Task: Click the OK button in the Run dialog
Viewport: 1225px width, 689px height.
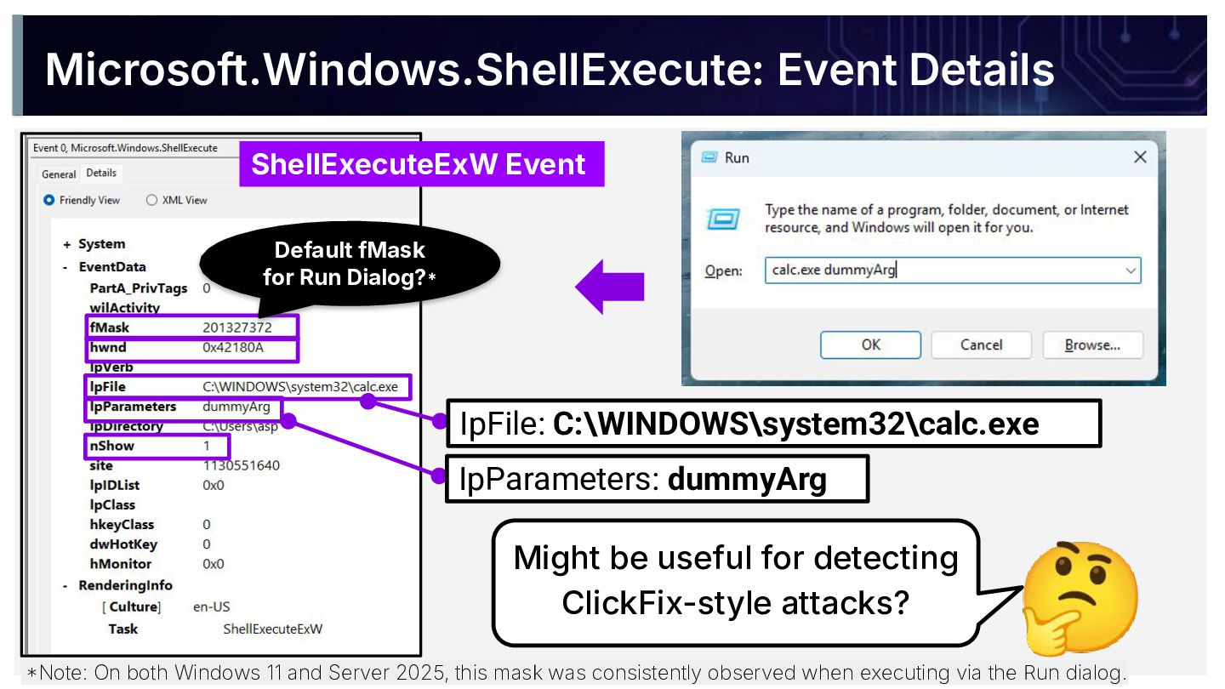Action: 870,344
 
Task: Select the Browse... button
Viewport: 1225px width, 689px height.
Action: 1092,344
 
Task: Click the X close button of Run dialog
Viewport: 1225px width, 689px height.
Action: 1140,157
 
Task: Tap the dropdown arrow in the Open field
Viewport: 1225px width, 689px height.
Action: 1131,270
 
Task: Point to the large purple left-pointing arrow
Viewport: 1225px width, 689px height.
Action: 610,287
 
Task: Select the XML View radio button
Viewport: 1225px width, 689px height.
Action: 152,200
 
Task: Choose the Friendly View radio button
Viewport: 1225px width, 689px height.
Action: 49,200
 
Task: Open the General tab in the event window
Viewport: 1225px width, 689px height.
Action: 59,174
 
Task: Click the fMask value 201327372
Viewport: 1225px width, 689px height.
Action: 236,327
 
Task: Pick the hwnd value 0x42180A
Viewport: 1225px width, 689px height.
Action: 233,347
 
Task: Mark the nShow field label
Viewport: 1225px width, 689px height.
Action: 111,446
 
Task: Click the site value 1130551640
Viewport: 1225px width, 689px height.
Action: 241,465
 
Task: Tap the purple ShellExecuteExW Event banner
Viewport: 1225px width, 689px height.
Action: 419,164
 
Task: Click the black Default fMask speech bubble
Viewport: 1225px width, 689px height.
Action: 350,263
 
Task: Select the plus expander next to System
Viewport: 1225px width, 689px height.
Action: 66,244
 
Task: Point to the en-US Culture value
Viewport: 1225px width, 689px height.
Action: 212,606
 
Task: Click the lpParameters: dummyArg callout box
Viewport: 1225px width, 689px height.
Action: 656,479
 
